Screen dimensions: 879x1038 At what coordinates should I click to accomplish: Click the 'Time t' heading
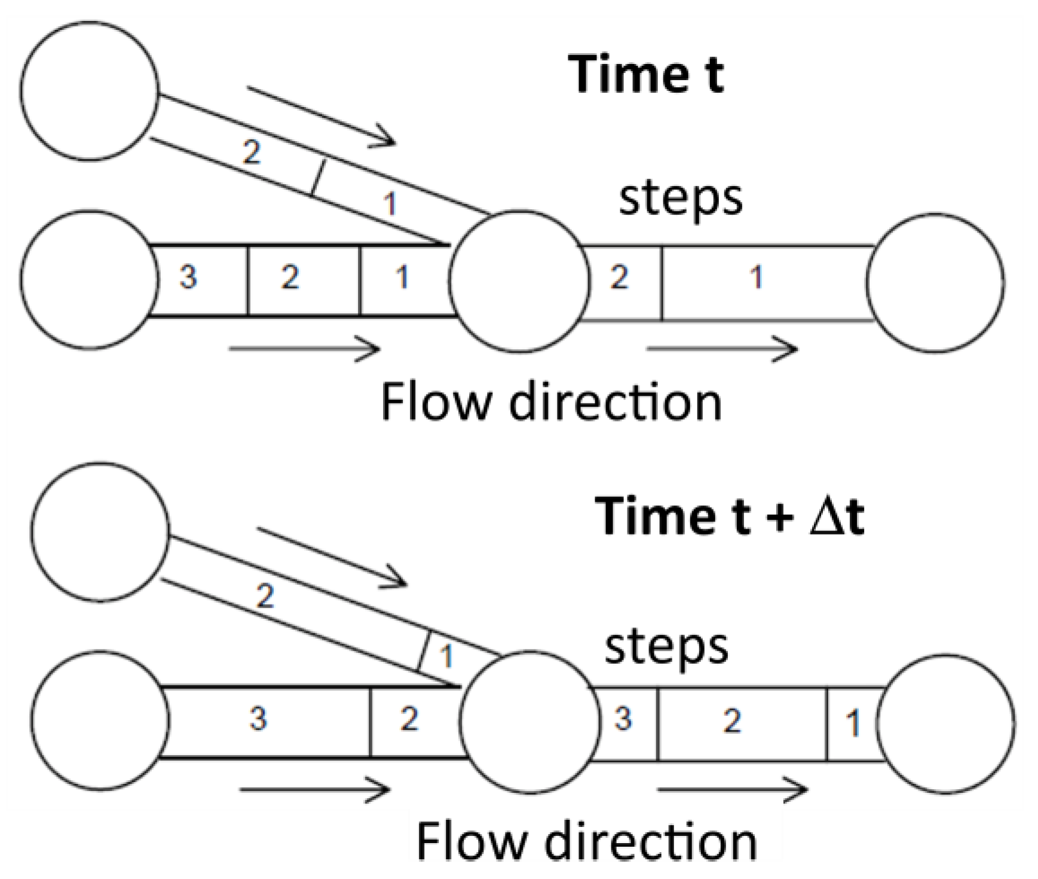647,74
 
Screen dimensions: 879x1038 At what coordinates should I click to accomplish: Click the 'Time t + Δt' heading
729,515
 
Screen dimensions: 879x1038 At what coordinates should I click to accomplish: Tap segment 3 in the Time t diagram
189,278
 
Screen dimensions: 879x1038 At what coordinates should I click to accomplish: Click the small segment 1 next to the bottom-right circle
853,724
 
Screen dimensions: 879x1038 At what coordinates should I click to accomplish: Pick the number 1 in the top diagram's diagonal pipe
390,203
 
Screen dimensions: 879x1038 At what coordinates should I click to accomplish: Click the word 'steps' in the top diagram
680,199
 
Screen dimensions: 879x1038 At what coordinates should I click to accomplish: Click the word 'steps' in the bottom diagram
666,648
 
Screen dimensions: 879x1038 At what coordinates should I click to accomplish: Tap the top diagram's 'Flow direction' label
551,402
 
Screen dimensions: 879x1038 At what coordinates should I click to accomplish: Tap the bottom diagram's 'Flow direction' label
586,842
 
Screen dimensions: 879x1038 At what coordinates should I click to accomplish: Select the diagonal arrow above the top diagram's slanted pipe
321,116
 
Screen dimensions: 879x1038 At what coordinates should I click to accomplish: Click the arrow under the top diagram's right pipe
722,349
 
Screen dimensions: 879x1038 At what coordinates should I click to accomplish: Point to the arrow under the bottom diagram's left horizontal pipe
314,790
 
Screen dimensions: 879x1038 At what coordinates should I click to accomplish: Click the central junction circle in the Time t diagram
519,281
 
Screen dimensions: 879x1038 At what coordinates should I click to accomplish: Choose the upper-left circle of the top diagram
89,91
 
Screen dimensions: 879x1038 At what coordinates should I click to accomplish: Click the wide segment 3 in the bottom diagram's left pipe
258,719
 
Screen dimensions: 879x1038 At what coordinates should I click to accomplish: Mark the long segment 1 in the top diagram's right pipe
757,277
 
